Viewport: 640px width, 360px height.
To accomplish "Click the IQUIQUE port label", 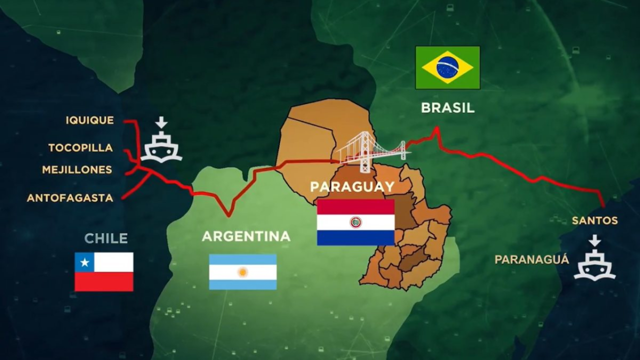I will (89, 120).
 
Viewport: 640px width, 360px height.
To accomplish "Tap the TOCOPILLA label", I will (80, 147).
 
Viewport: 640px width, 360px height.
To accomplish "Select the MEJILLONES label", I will (77, 169).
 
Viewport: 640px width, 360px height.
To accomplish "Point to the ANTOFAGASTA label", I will (70, 198).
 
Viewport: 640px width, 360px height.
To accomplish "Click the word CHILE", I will (106, 238).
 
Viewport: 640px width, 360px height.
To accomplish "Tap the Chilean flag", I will (104, 271).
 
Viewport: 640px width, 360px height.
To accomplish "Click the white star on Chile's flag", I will (84, 262).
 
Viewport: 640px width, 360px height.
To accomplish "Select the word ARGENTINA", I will (246, 236).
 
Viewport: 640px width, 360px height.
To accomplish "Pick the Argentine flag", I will (242, 271).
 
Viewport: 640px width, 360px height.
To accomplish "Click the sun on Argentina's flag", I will (242, 272).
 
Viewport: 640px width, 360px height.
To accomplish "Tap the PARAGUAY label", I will (352, 186).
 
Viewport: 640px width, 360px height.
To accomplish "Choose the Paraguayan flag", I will (355, 222).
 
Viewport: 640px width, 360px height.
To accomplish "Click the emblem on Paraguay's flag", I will (355, 222).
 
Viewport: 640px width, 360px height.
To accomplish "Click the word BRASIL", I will (447, 107).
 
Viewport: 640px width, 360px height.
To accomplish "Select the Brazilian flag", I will (447, 67).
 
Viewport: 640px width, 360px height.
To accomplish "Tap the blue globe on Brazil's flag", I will (447, 67).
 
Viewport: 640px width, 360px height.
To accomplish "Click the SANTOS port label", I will (594, 220).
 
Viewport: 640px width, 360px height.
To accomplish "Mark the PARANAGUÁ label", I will (531, 259).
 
